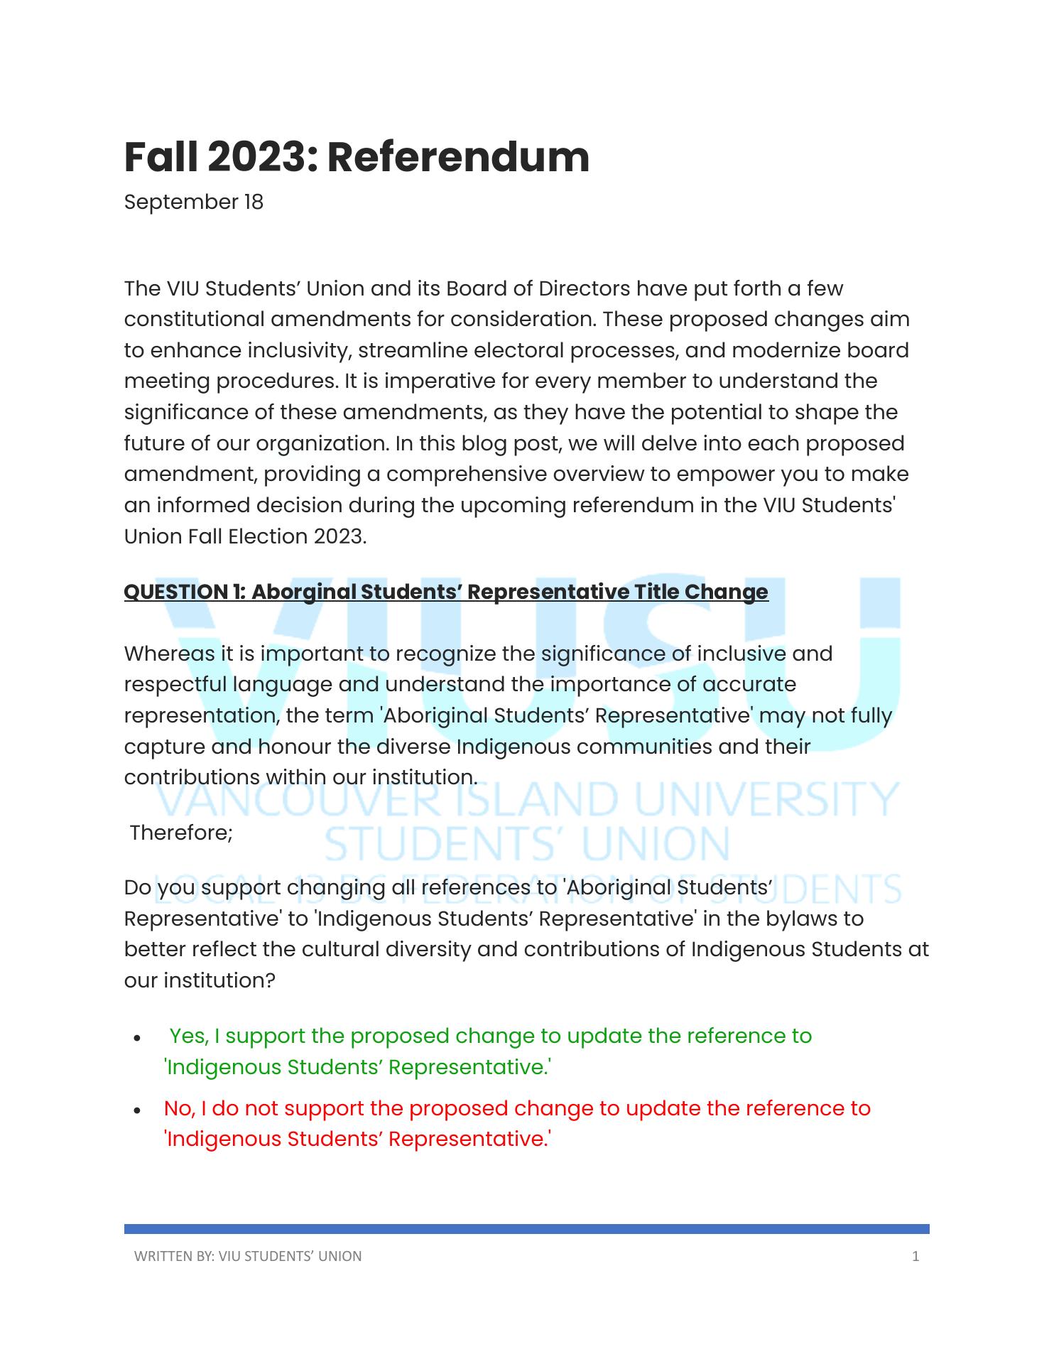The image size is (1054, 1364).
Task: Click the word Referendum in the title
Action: click(458, 157)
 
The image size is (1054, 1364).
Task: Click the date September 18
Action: click(193, 202)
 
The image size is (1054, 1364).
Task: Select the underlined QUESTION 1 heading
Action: click(446, 592)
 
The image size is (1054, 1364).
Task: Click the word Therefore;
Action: click(181, 833)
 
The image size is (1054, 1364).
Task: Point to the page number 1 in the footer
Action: click(916, 1256)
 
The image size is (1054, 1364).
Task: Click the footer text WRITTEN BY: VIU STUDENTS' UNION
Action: click(248, 1256)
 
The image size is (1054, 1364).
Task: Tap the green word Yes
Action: click(188, 1036)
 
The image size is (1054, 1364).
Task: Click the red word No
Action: click(178, 1109)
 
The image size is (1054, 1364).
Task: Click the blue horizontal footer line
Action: click(526, 1228)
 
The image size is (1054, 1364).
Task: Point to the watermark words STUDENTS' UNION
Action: click(526, 845)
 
